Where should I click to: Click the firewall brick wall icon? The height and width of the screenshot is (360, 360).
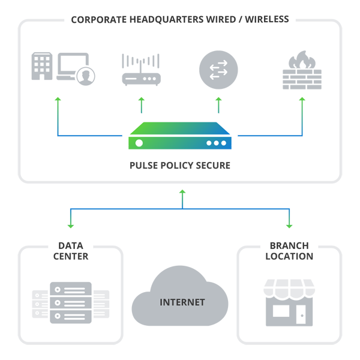(302, 77)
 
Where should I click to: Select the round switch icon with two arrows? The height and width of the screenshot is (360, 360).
(218, 68)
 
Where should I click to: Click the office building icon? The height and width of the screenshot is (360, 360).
(42, 66)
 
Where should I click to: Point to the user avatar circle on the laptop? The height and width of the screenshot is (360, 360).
(86, 76)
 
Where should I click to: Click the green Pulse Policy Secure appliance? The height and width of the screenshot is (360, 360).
(180, 136)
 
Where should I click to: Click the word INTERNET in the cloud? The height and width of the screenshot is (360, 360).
(182, 302)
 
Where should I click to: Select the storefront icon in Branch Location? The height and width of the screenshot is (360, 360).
(289, 302)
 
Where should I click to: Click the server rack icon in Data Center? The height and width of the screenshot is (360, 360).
(71, 303)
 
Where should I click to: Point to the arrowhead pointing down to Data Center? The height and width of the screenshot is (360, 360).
(71, 226)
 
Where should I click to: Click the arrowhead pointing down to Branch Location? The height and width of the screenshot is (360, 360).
(289, 226)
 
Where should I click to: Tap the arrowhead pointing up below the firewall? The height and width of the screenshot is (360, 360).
(302, 99)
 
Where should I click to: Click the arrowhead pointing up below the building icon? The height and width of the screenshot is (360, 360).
(58, 99)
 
